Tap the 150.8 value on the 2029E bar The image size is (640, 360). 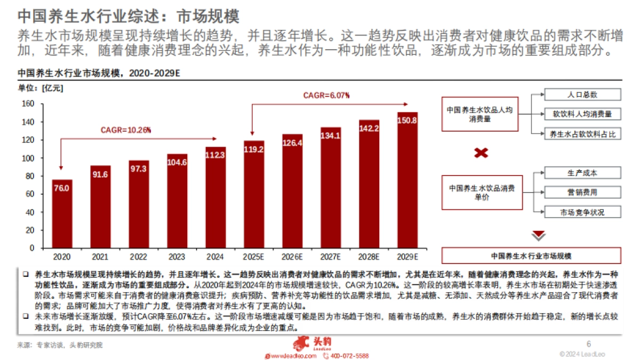click(x=407, y=121)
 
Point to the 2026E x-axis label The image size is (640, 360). click(x=292, y=257)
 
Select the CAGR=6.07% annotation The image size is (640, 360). click(x=326, y=95)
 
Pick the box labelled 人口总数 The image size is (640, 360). click(x=582, y=94)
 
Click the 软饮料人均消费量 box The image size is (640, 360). click(x=582, y=114)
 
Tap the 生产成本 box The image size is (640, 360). click(x=582, y=173)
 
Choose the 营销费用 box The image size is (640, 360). click(x=582, y=192)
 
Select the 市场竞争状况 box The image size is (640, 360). click(x=582, y=212)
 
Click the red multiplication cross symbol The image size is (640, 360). click(x=481, y=153)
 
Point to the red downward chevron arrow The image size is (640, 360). click(x=539, y=235)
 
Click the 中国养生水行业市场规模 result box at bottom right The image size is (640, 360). click(x=531, y=255)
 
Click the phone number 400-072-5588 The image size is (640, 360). click(x=349, y=356)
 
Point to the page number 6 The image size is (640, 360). click(x=589, y=344)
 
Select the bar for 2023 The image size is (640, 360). click(x=177, y=201)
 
